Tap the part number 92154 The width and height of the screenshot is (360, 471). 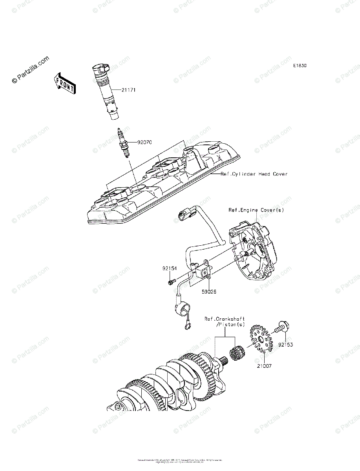point(170,269)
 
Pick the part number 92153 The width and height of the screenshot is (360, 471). point(285,345)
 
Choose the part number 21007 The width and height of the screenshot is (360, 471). point(264,365)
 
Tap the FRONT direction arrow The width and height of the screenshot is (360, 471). point(64,84)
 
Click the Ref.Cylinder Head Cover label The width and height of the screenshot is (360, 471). point(254,173)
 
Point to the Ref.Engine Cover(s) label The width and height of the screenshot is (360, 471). point(256,210)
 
